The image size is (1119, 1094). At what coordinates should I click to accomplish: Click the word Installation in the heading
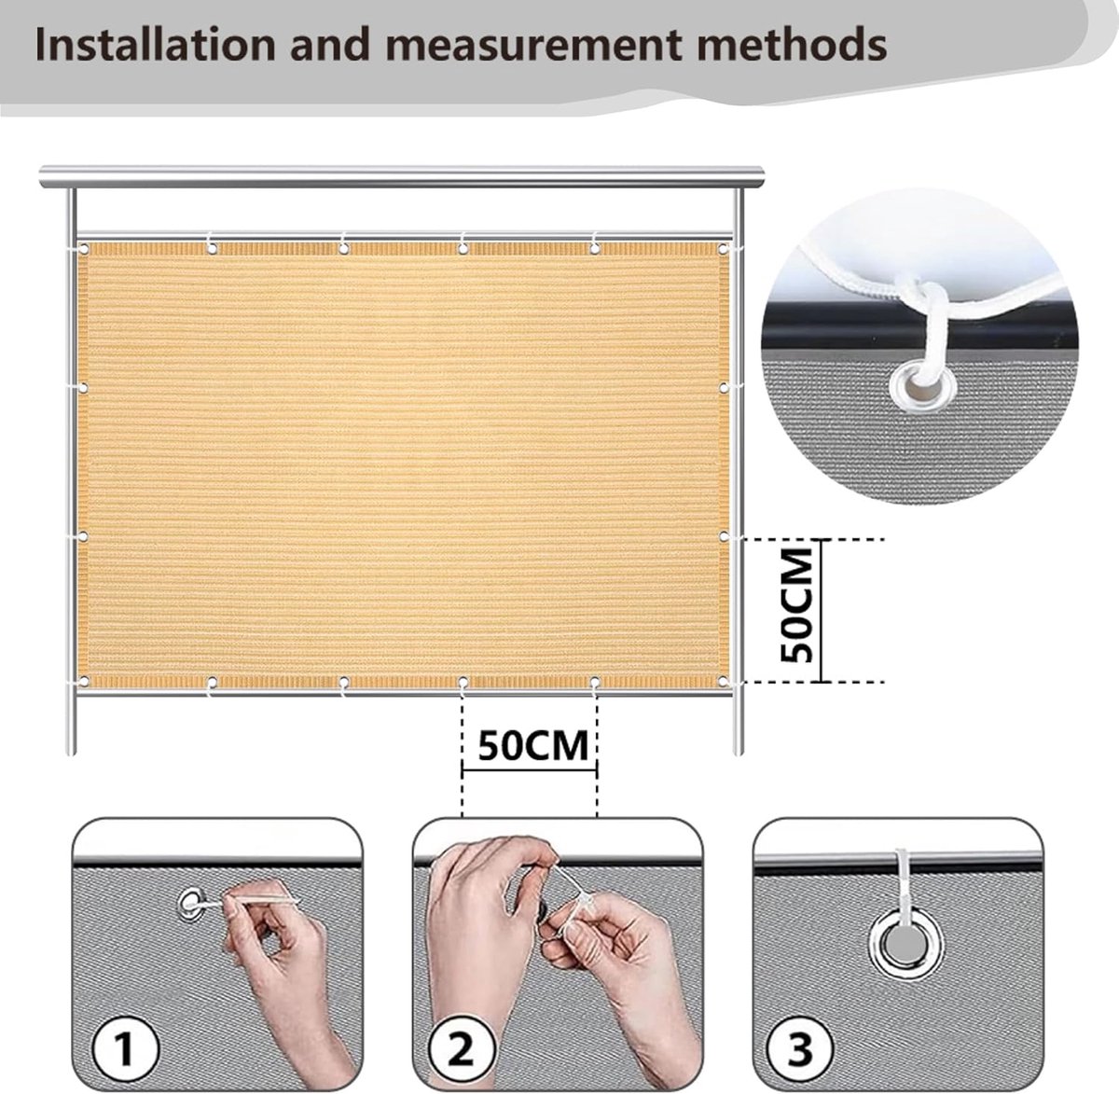155,44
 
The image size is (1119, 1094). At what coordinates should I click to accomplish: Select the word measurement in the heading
532,46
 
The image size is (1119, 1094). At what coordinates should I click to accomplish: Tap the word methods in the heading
792,44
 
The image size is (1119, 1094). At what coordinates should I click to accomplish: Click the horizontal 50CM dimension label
533,745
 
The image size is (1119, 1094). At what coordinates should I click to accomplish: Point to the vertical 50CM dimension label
796,604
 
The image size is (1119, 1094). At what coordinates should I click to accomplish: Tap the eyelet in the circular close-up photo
922,387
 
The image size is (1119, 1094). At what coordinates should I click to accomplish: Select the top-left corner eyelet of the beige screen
84,249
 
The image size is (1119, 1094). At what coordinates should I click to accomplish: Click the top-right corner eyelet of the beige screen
724,249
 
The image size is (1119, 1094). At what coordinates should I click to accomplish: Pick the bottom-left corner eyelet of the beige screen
84,682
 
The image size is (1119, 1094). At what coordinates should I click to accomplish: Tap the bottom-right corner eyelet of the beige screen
724,682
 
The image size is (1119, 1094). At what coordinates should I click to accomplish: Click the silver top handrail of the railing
402,176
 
